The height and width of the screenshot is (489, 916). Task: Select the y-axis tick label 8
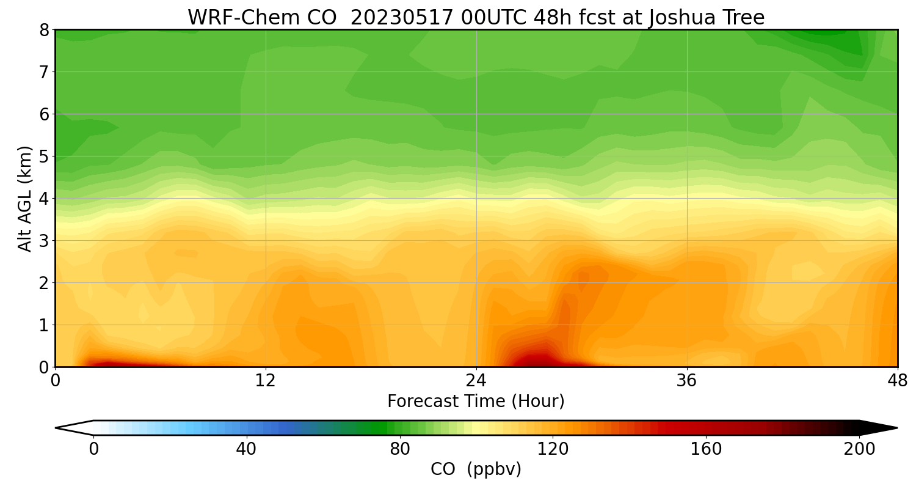pyautogui.click(x=44, y=30)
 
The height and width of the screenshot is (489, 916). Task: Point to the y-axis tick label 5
pyautogui.click(x=44, y=156)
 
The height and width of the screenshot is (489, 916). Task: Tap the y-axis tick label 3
pyautogui.click(x=44, y=241)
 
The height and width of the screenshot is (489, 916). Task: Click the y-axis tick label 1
pyautogui.click(x=44, y=325)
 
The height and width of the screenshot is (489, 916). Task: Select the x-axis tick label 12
pyautogui.click(x=266, y=381)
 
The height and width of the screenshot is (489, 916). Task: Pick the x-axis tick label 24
pyautogui.click(x=476, y=381)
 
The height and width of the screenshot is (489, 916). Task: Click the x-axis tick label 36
pyautogui.click(x=687, y=381)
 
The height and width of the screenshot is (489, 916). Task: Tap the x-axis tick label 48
pyautogui.click(x=898, y=381)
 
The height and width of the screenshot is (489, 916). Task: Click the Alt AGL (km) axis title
pyautogui.click(x=25, y=199)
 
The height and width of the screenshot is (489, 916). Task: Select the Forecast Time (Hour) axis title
pyautogui.click(x=476, y=402)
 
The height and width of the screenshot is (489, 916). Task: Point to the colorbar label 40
pyautogui.click(x=246, y=449)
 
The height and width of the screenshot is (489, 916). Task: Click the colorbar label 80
pyautogui.click(x=400, y=449)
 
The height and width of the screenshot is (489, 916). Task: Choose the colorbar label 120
pyautogui.click(x=553, y=449)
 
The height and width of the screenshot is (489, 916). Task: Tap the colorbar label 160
pyautogui.click(x=707, y=449)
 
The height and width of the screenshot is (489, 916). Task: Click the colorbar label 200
pyautogui.click(x=859, y=449)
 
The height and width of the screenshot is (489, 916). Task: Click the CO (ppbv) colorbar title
pyautogui.click(x=476, y=469)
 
